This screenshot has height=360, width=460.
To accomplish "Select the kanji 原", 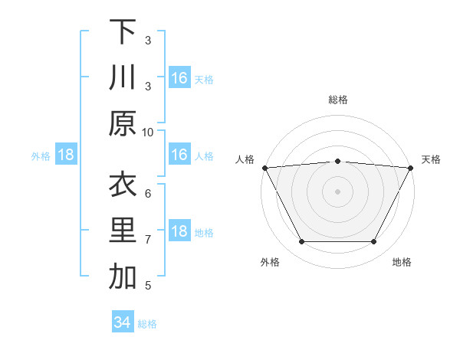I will (123, 124).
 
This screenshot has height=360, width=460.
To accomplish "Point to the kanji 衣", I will (123, 185).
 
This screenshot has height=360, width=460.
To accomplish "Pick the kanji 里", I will (123, 231).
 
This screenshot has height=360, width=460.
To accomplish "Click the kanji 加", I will (123, 278).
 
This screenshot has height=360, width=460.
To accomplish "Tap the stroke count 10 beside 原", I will (148, 132).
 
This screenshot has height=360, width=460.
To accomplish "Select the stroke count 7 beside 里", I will (148, 240).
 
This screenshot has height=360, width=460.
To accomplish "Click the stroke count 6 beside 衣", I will (148, 193).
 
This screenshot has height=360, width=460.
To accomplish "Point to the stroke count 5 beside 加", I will (148, 286).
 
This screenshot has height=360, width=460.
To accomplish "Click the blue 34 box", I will (122, 322).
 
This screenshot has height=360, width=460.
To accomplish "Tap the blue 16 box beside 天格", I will (179, 77).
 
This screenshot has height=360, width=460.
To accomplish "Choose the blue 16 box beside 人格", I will (179, 155).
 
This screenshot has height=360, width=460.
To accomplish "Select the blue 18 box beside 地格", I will (179, 231).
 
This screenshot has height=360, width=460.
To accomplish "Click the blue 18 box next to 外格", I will (66, 155).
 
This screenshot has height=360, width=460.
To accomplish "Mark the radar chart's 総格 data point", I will (337, 161).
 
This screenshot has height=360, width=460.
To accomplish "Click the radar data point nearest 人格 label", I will (264, 168).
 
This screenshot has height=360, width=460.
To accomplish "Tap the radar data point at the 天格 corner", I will (411, 168).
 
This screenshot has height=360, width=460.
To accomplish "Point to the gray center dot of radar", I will (337, 191).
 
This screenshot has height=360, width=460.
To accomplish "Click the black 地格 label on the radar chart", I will (402, 263).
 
